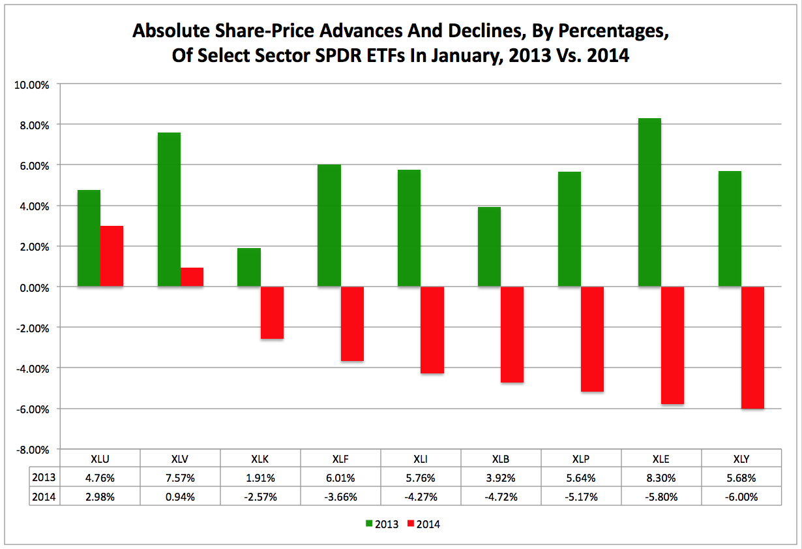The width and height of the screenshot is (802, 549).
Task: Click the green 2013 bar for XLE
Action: click(649, 202)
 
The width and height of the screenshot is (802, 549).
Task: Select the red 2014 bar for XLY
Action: click(752, 347)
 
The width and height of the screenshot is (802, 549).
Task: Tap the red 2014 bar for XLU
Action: click(111, 256)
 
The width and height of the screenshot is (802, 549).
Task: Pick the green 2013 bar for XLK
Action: click(249, 267)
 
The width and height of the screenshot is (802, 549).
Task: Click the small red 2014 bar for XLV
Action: click(192, 277)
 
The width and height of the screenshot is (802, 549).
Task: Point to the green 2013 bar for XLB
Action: click(489, 247)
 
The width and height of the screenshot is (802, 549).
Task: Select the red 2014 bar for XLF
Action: click(352, 324)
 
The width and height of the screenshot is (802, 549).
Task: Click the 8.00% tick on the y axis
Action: click(32, 125)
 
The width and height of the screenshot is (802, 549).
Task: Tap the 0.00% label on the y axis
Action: click(32, 287)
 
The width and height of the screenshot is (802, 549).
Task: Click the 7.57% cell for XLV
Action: click(181, 478)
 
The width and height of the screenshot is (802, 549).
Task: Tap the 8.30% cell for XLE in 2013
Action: click(661, 478)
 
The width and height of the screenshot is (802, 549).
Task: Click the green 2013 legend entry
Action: click(383, 524)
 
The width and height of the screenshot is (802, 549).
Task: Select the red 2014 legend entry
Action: click(424, 524)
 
